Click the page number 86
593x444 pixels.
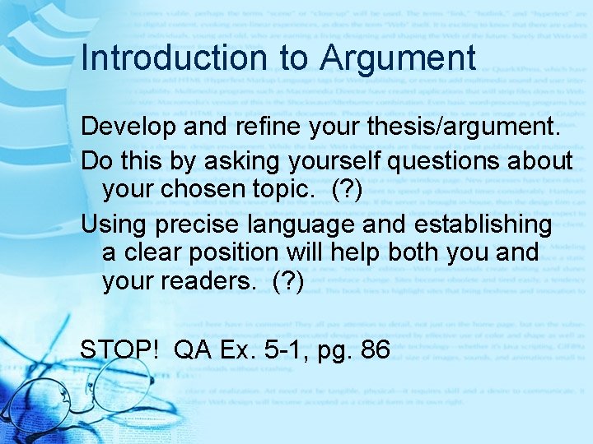pyautogui.click(x=375, y=349)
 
